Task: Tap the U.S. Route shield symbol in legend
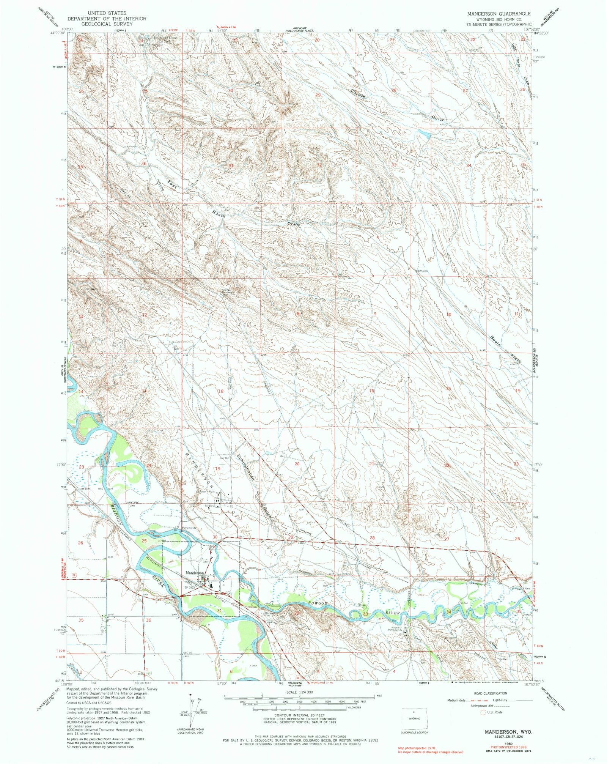483,712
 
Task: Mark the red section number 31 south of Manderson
220,621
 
